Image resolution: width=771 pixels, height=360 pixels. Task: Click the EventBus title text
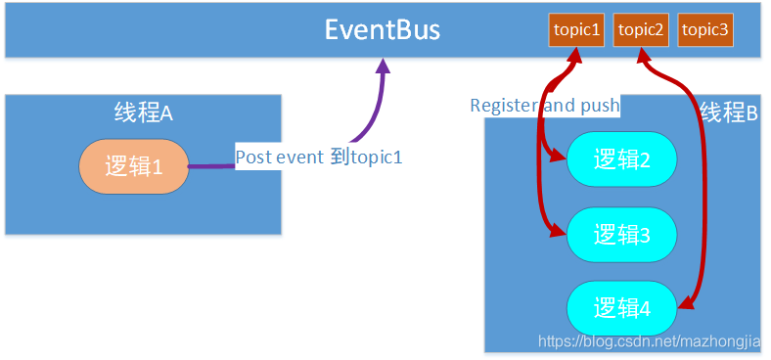point(383,29)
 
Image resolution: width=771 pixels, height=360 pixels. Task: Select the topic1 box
point(576,29)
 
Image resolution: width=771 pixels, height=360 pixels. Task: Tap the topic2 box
point(641,29)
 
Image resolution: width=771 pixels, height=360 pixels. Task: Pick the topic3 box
point(704,29)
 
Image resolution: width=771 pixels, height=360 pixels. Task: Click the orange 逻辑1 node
point(133,166)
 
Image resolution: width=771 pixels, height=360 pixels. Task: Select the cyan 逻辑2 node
point(621,159)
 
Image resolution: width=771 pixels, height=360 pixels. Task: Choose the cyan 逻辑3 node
point(621,235)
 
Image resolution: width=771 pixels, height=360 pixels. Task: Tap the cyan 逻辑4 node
point(621,308)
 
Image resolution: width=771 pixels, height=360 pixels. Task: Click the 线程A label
point(143,112)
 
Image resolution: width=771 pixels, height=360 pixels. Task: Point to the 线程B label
point(729,112)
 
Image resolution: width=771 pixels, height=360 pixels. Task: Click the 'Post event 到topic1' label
point(319,157)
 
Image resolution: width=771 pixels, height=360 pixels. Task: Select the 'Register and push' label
point(545,106)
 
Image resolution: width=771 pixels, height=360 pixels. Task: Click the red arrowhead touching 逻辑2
point(559,157)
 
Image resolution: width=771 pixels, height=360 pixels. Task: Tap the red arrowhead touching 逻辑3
point(559,232)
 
